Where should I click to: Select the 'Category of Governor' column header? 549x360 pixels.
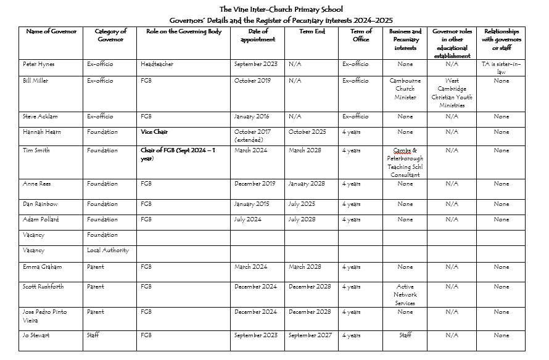click(x=110, y=35)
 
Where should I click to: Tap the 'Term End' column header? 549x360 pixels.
click(x=312, y=31)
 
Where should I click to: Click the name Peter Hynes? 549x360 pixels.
click(x=39, y=64)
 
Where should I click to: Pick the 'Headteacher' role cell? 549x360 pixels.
click(x=157, y=64)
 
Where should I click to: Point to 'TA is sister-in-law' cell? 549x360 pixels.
click(x=501, y=68)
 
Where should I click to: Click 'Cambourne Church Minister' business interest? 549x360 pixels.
click(x=405, y=89)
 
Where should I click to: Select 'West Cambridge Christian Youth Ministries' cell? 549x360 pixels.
click(x=452, y=93)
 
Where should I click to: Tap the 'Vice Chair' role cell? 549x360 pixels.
click(x=154, y=132)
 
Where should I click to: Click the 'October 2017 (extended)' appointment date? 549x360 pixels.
click(x=252, y=136)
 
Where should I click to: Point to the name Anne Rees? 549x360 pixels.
click(x=36, y=184)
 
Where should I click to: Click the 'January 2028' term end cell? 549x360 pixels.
click(x=307, y=184)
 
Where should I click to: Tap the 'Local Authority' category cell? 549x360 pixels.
click(x=107, y=251)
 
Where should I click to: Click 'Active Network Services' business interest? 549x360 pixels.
click(x=405, y=295)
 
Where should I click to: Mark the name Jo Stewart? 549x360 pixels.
click(x=36, y=335)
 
